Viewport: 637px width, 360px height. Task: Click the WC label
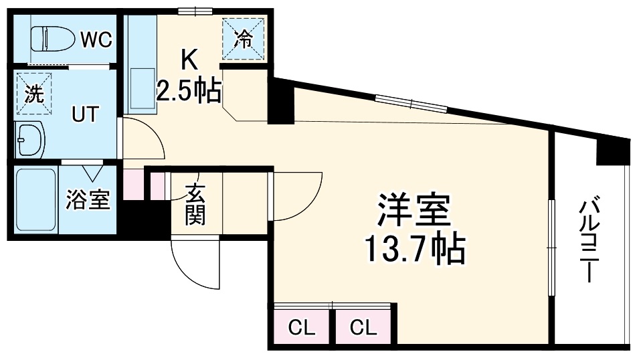coord(96,39)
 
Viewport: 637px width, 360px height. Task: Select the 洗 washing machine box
coord(33,93)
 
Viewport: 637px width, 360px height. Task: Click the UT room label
coord(86,114)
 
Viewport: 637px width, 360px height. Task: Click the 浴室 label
coord(88,200)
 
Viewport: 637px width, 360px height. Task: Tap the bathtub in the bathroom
coord(36,199)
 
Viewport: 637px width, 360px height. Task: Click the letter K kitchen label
coord(189,61)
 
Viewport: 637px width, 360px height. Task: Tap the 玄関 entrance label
coord(195,203)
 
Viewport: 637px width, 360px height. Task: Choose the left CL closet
coord(301,328)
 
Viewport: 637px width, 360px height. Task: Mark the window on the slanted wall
coord(411,104)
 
